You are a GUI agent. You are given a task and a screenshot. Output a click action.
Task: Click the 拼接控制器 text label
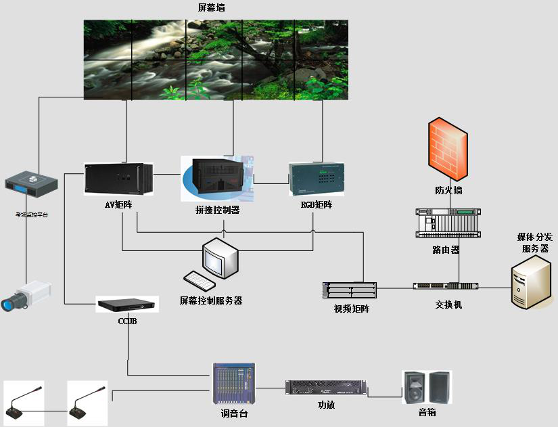pyautogui.click(x=217, y=210)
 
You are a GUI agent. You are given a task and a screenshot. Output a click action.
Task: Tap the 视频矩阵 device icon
pyautogui.click(x=350, y=290)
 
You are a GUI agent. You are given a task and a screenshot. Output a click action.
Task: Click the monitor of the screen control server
pyautogui.click(x=222, y=257)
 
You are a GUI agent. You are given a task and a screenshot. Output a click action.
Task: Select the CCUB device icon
pyautogui.click(x=127, y=305)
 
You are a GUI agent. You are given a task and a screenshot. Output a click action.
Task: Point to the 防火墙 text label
pyautogui.click(x=448, y=191)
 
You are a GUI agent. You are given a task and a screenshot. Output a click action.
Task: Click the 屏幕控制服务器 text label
pyautogui.click(x=211, y=300)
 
